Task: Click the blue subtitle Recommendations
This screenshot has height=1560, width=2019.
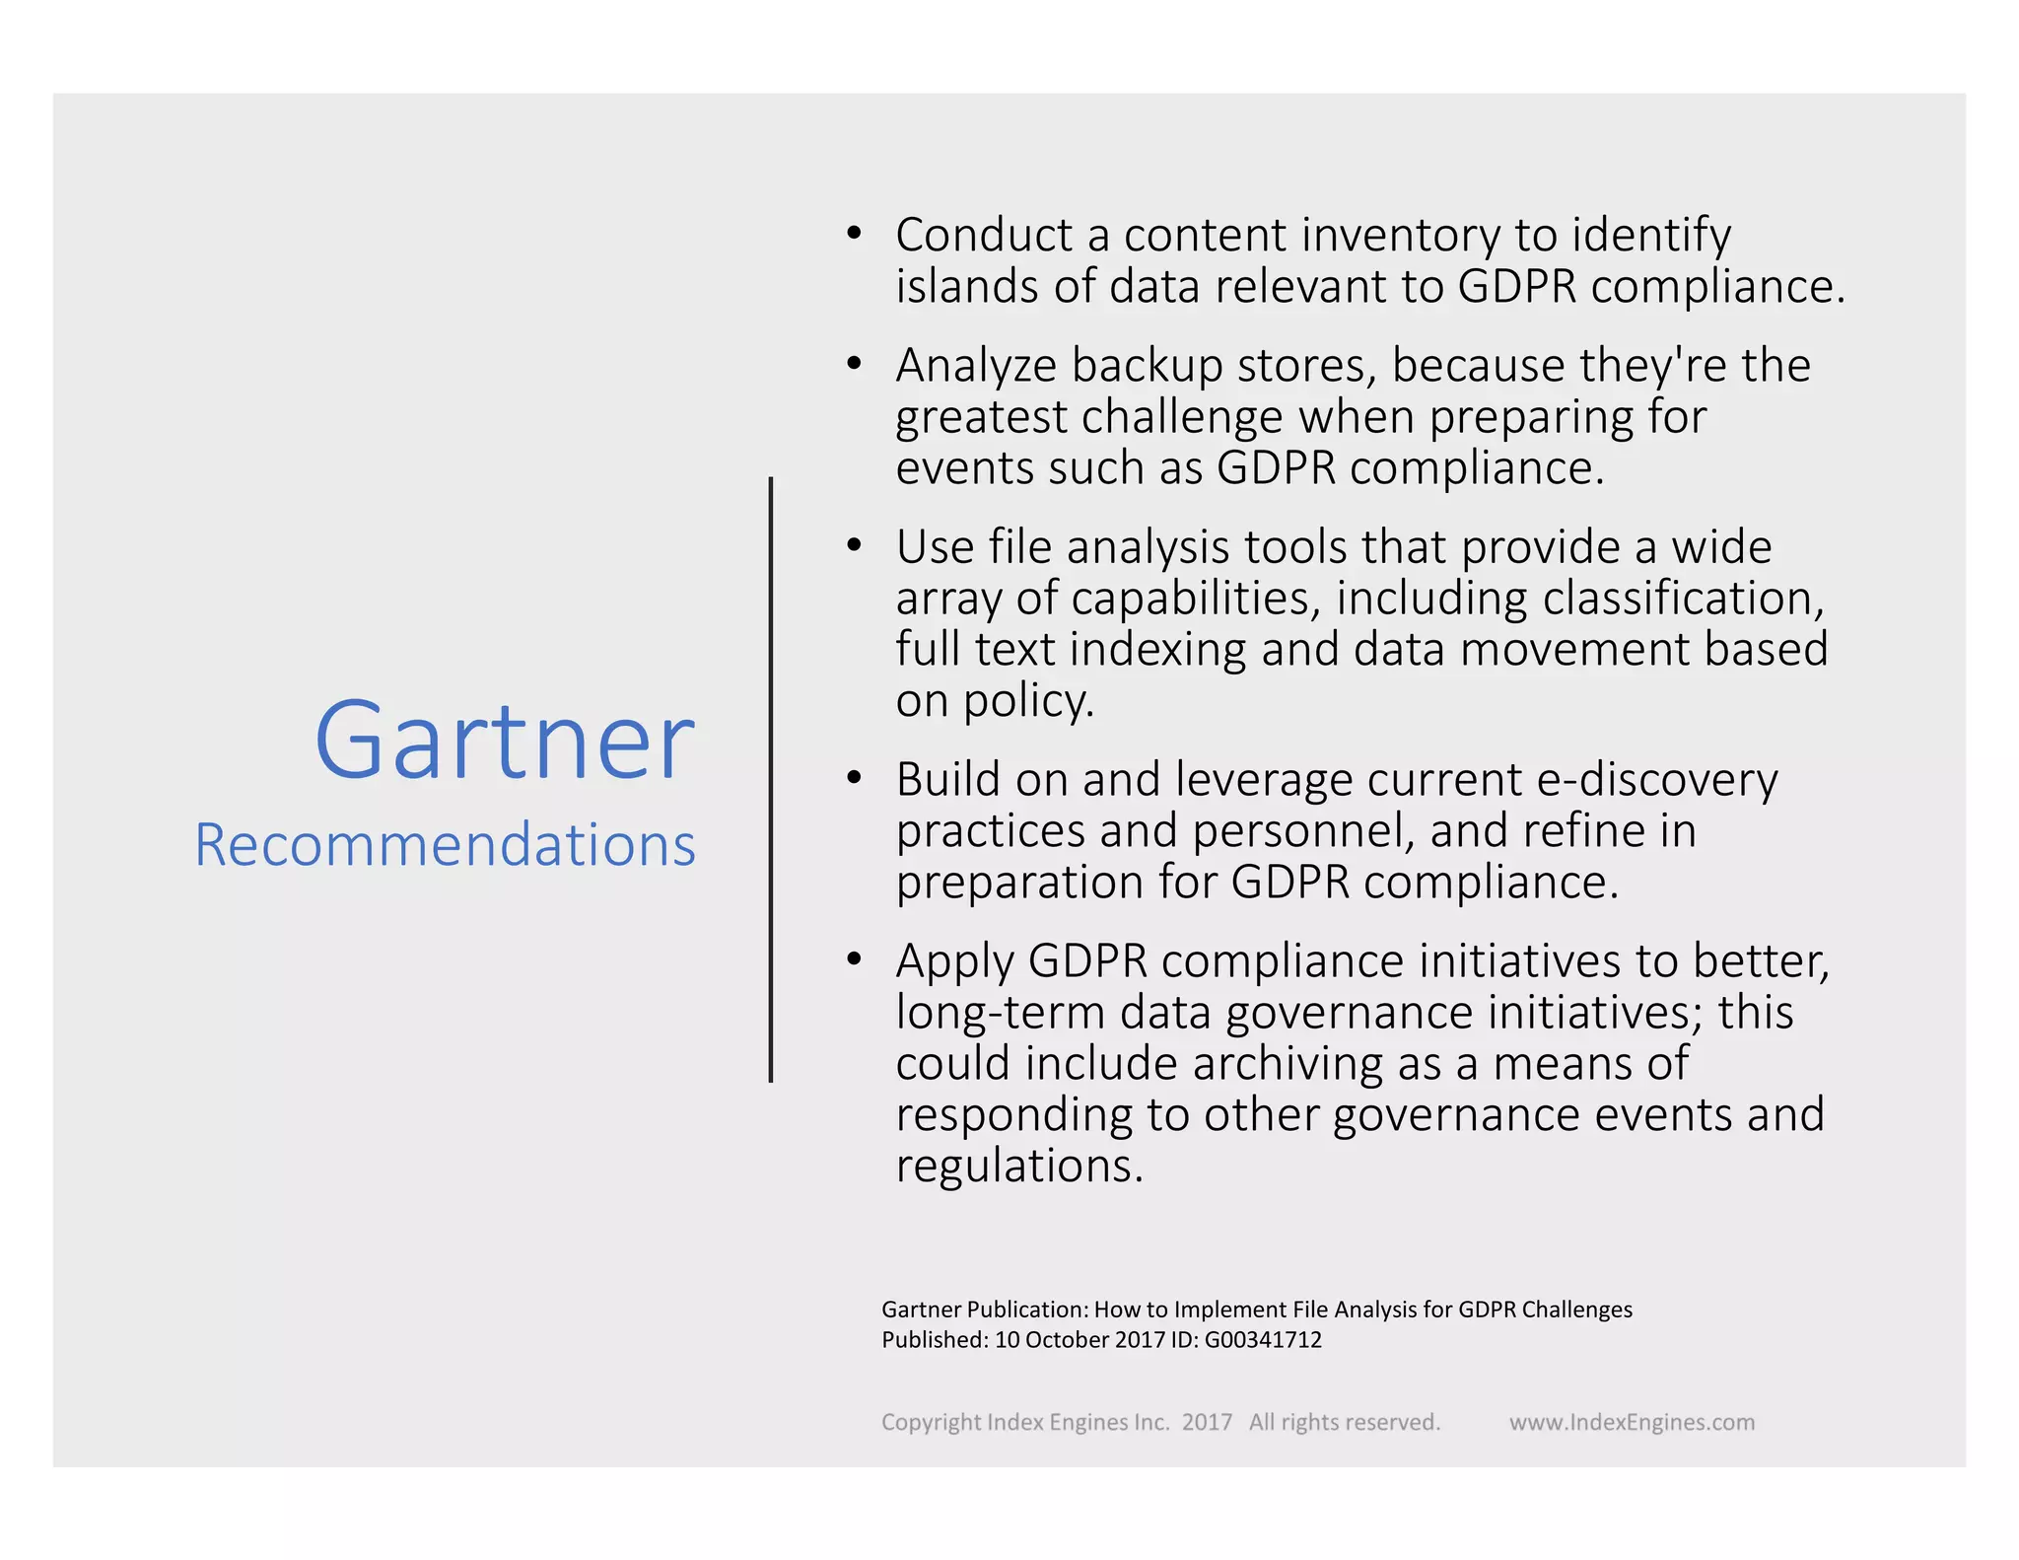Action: click(445, 845)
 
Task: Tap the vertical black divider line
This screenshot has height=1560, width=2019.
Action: click(771, 779)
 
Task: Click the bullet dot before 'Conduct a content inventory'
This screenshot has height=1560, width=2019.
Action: click(854, 234)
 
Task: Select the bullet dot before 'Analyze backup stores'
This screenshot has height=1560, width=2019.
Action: click(854, 364)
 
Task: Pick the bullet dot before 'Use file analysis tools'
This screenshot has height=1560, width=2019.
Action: click(854, 545)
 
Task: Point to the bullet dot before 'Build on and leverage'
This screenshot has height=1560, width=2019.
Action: click(854, 778)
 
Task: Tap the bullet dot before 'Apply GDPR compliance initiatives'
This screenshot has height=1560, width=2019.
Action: click(854, 959)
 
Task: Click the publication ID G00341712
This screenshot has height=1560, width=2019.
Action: click(1263, 1340)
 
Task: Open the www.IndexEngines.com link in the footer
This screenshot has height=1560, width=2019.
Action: click(1632, 1422)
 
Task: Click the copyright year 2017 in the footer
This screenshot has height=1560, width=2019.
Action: click(1207, 1422)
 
